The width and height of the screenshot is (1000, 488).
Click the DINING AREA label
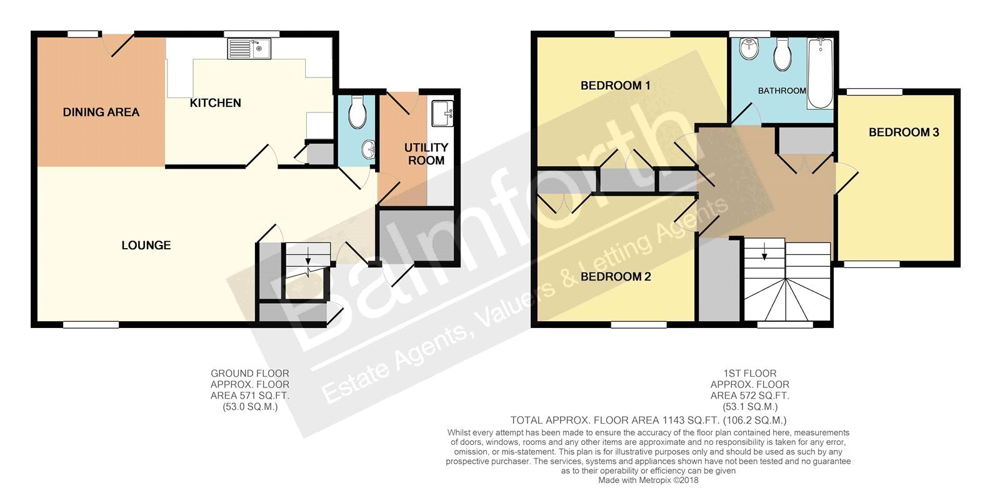pyautogui.click(x=101, y=112)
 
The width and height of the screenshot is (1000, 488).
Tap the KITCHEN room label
pyautogui.click(x=215, y=103)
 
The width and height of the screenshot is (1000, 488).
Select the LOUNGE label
pyautogui.click(x=146, y=245)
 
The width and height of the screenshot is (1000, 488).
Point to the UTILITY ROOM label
pyautogui.click(x=426, y=154)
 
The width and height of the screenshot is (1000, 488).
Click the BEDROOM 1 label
pyautogui.click(x=615, y=85)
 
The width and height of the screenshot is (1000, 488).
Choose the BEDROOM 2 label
pyautogui.click(x=616, y=277)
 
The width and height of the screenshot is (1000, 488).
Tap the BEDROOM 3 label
pyautogui.click(x=904, y=132)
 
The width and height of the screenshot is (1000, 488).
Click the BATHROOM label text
pyautogui.click(x=782, y=91)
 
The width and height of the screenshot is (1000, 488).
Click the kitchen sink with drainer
pyautogui.click(x=249, y=49)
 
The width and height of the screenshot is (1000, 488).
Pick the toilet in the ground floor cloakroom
pyautogui.click(x=357, y=112)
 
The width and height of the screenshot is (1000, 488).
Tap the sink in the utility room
pyautogui.click(x=442, y=113)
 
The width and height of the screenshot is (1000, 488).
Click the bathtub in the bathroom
pyautogui.click(x=820, y=74)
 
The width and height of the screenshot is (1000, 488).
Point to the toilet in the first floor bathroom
pyautogui.click(x=782, y=54)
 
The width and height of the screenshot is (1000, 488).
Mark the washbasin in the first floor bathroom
pyautogui.click(x=749, y=49)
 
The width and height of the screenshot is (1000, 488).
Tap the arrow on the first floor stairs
pyautogui.click(x=764, y=251)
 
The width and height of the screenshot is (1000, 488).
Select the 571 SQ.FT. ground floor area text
pyautogui.click(x=250, y=396)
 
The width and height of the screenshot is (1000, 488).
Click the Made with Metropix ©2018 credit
pyautogui.click(x=648, y=481)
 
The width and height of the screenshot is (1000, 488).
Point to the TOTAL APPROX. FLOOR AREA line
pyautogui.click(x=648, y=420)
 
